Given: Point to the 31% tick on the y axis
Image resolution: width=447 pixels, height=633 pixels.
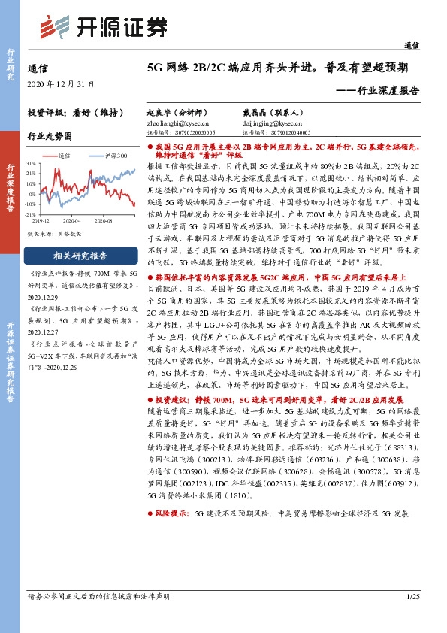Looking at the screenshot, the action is [x=32, y=162].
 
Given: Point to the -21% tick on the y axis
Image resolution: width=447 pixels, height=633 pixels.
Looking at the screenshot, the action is [x=32, y=215].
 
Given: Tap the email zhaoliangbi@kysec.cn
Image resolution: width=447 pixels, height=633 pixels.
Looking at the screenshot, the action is [x=178, y=123].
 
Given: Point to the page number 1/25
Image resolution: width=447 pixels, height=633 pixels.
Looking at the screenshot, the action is [x=412, y=617].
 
